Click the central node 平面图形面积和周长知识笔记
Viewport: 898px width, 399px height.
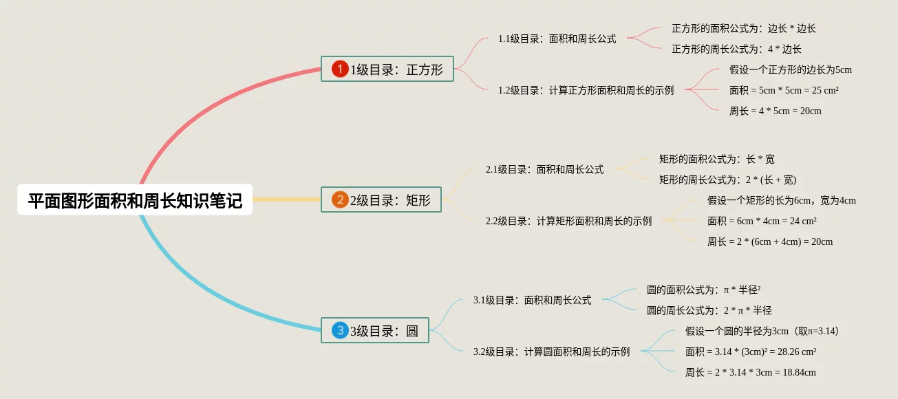135,200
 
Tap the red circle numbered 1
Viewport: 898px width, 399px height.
340,69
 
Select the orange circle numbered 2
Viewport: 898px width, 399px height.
340,199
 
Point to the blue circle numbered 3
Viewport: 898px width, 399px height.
340,330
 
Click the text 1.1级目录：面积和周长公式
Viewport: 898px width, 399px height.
557,39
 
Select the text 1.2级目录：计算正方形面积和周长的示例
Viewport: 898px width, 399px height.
586,90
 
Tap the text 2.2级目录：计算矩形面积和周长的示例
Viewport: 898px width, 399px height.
568,221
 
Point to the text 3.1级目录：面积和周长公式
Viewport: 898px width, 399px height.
532,300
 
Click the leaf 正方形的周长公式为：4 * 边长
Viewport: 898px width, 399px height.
736,49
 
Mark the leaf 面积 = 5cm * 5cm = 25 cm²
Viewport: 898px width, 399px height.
783,90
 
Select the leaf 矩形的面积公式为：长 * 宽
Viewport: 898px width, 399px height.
716,159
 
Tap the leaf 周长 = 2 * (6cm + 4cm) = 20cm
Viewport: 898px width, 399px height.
769,241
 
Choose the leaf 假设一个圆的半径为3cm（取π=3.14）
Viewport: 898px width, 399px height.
762,331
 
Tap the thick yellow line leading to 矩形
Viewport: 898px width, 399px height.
286,199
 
